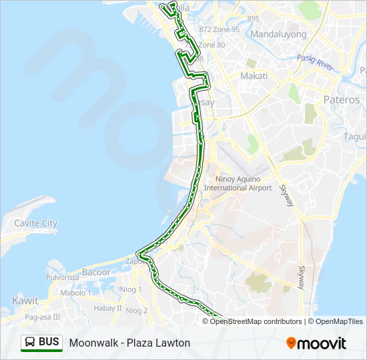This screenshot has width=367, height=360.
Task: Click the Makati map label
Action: tap(254, 76)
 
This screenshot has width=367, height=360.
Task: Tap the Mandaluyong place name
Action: tap(278, 34)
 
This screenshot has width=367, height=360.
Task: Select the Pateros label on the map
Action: tap(341, 99)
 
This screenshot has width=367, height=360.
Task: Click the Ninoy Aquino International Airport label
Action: tap(238, 183)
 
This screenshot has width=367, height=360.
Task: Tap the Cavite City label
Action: tap(35, 223)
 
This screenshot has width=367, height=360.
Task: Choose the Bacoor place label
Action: tap(96, 272)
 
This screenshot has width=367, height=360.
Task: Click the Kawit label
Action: tap(25, 301)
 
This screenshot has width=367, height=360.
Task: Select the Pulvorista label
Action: tap(63, 277)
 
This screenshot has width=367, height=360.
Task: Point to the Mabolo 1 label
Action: tap(73, 293)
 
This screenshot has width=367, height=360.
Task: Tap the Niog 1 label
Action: tap(131, 289)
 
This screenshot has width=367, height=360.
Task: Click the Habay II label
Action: tap(107, 308)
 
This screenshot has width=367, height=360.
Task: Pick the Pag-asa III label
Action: tap(43, 317)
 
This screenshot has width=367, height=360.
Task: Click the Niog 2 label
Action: tap(136, 311)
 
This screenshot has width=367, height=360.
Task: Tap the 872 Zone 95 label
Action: tap(219, 29)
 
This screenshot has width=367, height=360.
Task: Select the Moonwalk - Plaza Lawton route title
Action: tap(129, 343)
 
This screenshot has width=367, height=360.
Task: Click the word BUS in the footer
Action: tap(49, 343)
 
